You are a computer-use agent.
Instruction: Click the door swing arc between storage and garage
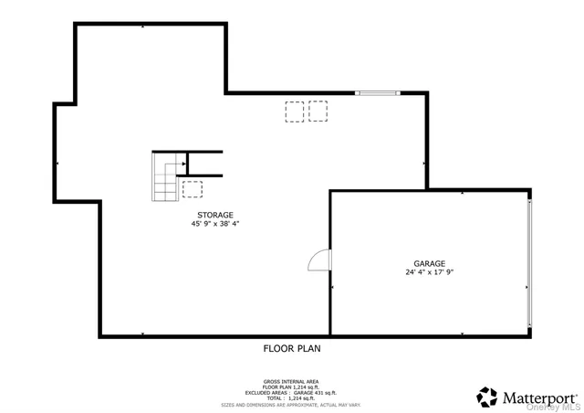318,261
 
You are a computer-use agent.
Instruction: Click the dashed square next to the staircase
192,189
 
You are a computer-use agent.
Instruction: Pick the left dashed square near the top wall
294,111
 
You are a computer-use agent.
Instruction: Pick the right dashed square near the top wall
318,111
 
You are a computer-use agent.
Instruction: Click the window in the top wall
377,92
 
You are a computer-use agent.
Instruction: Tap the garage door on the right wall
528,263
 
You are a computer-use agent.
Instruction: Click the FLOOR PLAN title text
292,348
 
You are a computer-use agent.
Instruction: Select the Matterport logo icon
487,397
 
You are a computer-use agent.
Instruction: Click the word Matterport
539,397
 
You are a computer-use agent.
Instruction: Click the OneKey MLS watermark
560,408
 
